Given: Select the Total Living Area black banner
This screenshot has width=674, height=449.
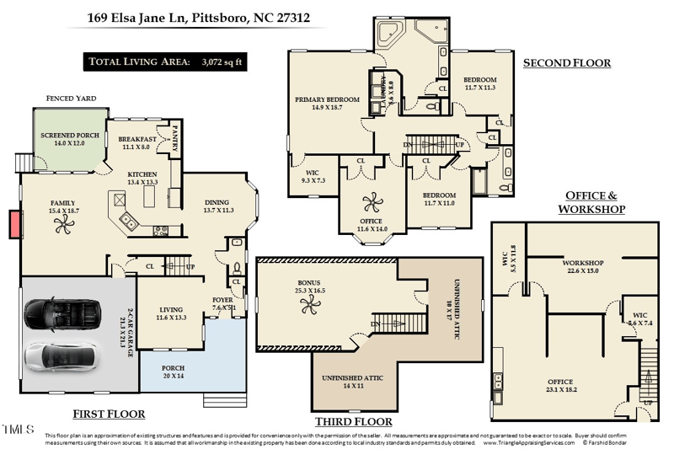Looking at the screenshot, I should (166, 61).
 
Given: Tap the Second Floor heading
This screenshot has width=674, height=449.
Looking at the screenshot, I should (567, 63).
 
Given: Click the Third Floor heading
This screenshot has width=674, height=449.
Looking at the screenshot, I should (353, 421).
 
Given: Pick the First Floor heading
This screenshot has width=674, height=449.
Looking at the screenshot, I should (109, 414).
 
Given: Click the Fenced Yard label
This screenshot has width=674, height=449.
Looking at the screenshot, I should (71, 99).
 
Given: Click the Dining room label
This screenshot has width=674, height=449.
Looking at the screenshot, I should (217, 206).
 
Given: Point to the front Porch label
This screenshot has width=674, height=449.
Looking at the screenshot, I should (173, 372).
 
